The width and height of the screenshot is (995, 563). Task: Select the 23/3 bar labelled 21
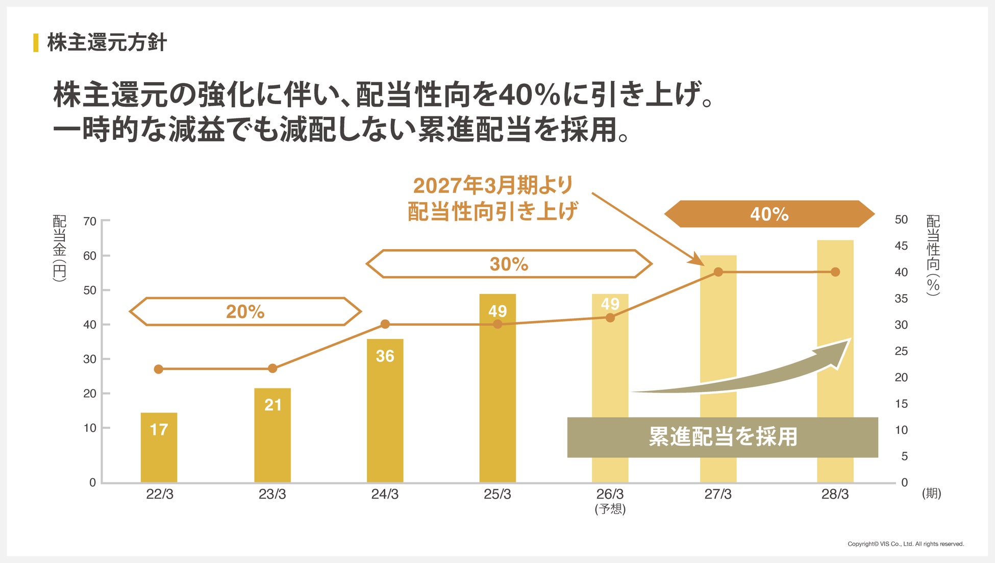click(272, 435)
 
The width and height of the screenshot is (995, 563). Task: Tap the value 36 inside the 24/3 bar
click(385, 356)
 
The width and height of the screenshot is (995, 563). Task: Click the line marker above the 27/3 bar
click(718, 272)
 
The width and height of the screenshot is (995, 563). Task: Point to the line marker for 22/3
click(159, 369)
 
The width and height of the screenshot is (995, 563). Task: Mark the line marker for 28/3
click(835, 272)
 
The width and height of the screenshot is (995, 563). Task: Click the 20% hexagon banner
click(245, 311)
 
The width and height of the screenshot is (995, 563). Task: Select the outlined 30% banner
click(509, 264)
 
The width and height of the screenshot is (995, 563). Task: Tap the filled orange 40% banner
click(769, 214)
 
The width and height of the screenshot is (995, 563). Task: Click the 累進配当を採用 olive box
click(723, 437)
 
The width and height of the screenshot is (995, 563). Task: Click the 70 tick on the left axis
click(90, 221)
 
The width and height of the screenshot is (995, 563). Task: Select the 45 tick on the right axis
click(901, 246)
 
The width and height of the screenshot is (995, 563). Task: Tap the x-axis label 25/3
click(497, 494)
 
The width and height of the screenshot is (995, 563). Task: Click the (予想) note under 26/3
click(610, 509)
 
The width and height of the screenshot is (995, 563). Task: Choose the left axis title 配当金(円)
click(60, 248)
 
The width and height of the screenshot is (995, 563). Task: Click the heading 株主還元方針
click(107, 42)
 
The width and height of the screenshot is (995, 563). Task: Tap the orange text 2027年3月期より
click(493, 185)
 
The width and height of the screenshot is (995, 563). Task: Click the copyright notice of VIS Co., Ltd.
click(906, 544)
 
